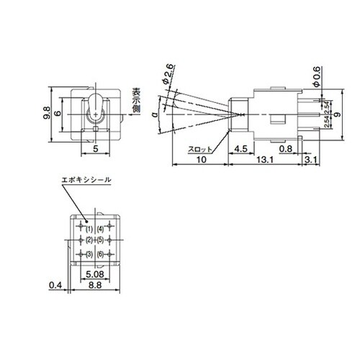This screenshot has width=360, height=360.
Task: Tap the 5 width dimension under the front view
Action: tap(96, 150)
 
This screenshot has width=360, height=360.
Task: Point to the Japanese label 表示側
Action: tap(134, 102)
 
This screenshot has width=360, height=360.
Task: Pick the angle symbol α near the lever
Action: tap(156, 114)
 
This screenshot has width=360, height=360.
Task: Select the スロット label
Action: tap(200, 150)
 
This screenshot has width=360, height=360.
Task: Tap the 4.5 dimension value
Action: tap(243, 150)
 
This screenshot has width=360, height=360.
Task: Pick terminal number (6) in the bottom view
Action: tap(101, 255)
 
